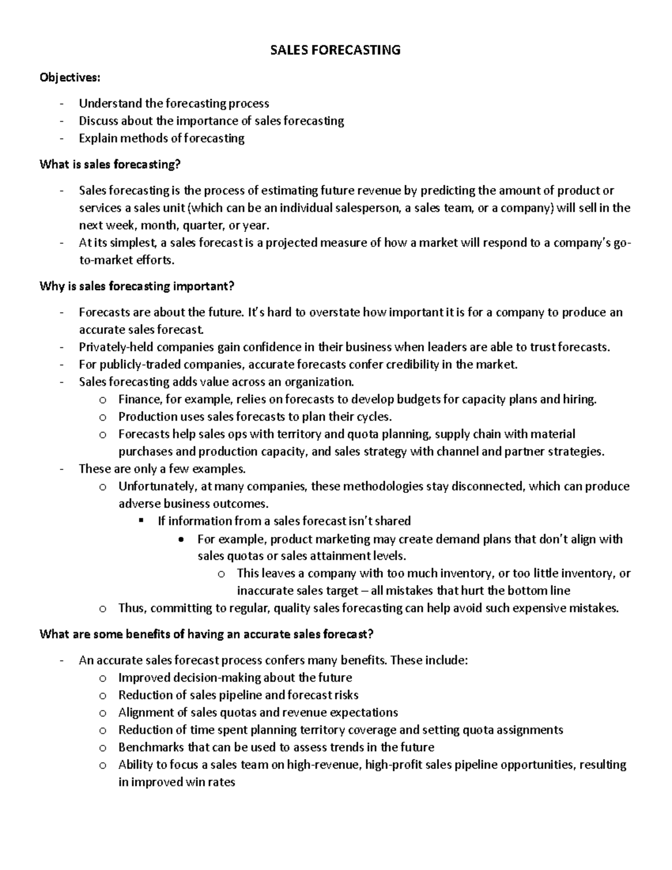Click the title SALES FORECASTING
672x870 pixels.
click(x=335, y=50)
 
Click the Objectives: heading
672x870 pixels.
click(x=70, y=78)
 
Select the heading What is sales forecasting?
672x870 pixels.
click(x=110, y=164)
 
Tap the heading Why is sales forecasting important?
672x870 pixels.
click(x=137, y=286)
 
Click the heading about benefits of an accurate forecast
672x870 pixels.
click(x=206, y=634)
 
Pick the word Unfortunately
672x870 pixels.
click(x=155, y=486)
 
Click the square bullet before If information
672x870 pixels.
click(x=141, y=520)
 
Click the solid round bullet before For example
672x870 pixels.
click(x=180, y=539)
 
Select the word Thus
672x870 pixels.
click(x=132, y=608)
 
